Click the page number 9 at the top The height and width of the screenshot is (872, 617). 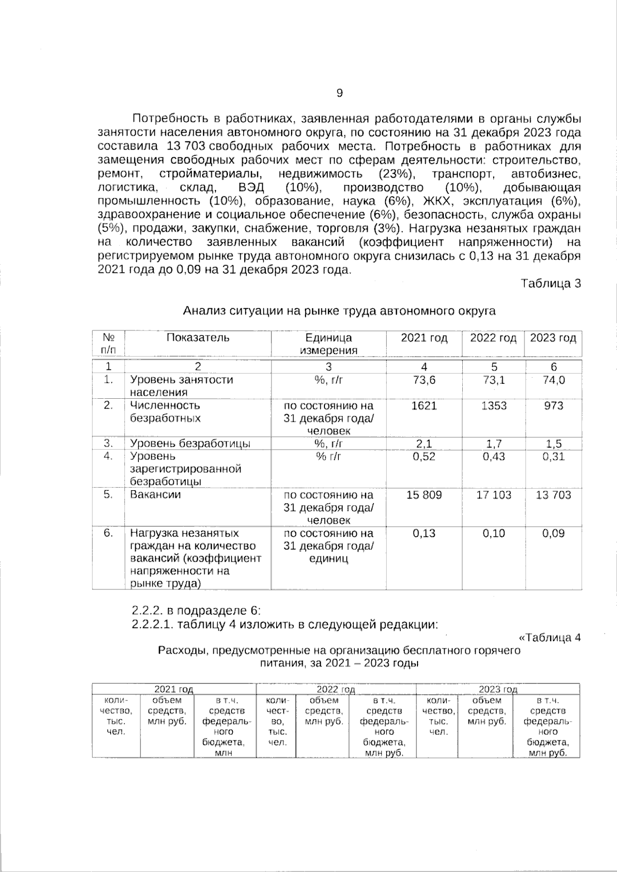point(339,93)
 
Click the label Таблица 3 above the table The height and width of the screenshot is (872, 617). point(551,283)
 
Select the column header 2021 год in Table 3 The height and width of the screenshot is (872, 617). point(424,338)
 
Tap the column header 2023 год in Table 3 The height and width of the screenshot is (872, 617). point(553,338)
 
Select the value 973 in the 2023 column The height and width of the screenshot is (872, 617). point(553,406)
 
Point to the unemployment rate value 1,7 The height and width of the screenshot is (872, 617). point(493,444)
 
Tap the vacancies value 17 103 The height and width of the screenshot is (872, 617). point(493,495)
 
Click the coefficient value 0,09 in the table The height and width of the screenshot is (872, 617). point(553,533)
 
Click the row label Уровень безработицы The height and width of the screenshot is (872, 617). point(190,444)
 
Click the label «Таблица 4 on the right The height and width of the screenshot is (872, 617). point(550,638)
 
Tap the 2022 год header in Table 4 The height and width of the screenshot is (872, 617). point(336,689)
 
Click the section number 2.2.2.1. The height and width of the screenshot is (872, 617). point(153,625)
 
